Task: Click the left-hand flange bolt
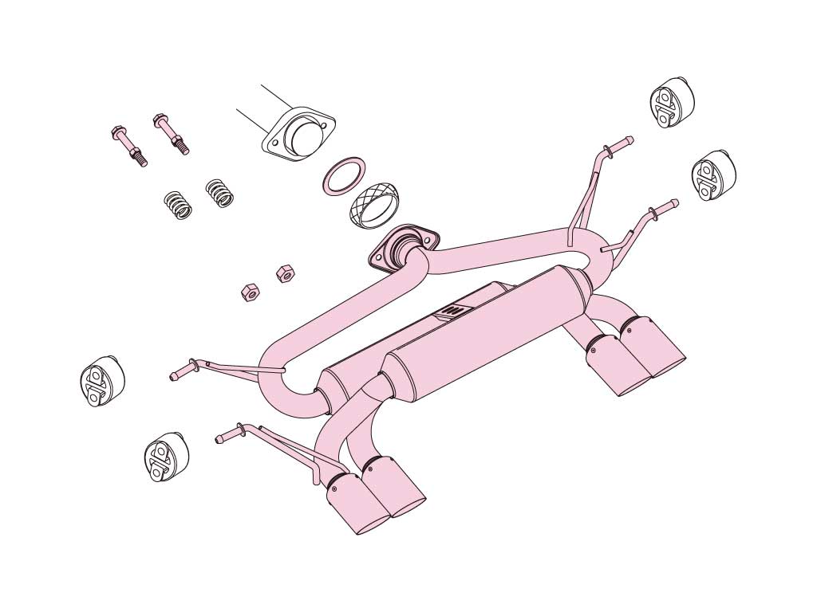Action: tap(128, 146)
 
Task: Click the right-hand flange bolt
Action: tap(171, 133)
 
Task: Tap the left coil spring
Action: tap(178, 206)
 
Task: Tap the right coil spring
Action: tap(219, 193)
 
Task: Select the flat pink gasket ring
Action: tap(345, 175)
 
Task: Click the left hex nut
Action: tap(248, 292)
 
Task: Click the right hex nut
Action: tap(284, 273)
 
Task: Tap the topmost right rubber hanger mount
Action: tap(671, 102)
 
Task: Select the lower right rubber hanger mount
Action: tap(712, 175)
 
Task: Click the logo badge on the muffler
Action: tap(452, 312)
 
